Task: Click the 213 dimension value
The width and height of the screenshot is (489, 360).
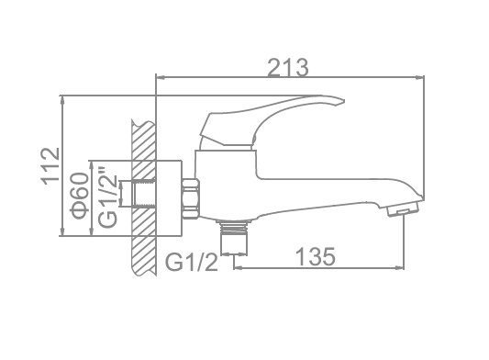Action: click(x=288, y=67)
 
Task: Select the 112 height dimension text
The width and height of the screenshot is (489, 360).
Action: click(x=50, y=166)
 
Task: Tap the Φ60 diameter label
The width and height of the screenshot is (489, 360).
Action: click(x=80, y=196)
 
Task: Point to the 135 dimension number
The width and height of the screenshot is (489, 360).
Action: click(x=316, y=256)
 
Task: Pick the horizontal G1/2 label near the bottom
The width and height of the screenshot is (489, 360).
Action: click(x=191, y=262)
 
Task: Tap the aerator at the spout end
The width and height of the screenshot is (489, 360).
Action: click(x=403, y=208)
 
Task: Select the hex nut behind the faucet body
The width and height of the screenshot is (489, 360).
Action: click(x=191, y=198)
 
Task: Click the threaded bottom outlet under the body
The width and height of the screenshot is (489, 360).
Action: click(x=234, y=238)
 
